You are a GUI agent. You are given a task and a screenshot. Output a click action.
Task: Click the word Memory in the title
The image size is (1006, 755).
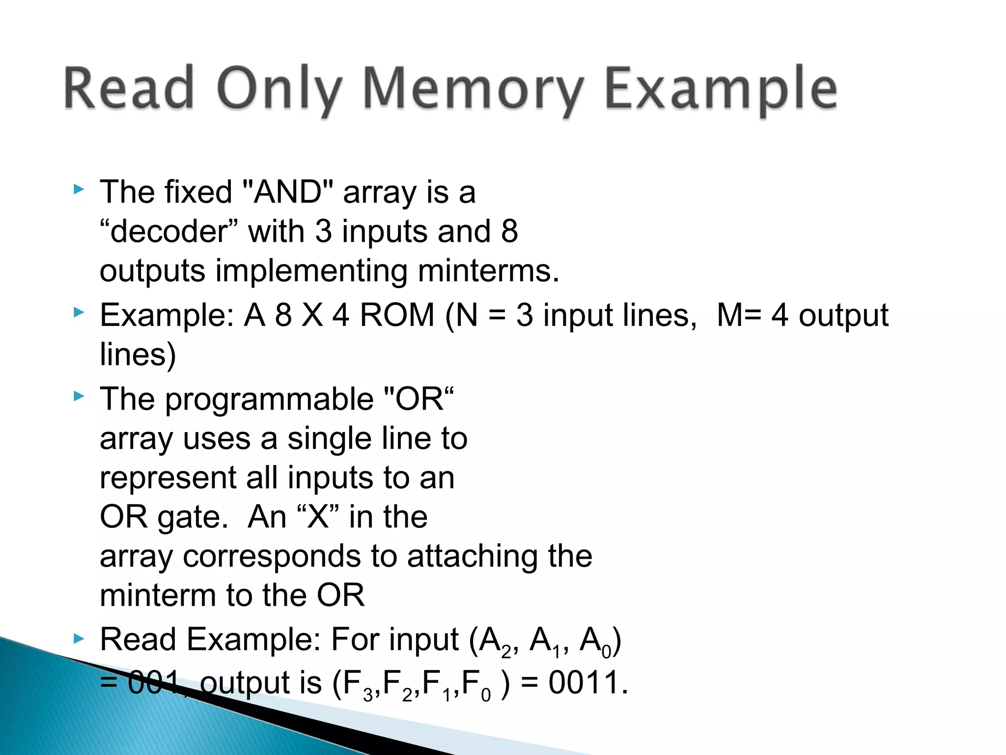click(x=473, y=89)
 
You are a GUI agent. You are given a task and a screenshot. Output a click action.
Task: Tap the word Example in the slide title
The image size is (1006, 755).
click(x=721, y=89)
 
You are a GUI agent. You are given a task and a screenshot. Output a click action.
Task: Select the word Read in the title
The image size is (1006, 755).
click(x=129, y=89)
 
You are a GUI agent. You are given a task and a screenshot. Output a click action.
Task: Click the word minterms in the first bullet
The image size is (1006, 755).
click(x=488, y=270)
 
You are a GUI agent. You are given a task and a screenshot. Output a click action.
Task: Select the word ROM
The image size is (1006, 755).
click(x=397, y=315)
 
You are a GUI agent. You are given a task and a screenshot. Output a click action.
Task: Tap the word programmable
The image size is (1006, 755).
click(x=269, y=399)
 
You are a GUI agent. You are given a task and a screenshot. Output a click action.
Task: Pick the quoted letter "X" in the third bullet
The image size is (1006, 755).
click(x=318, y=517)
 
